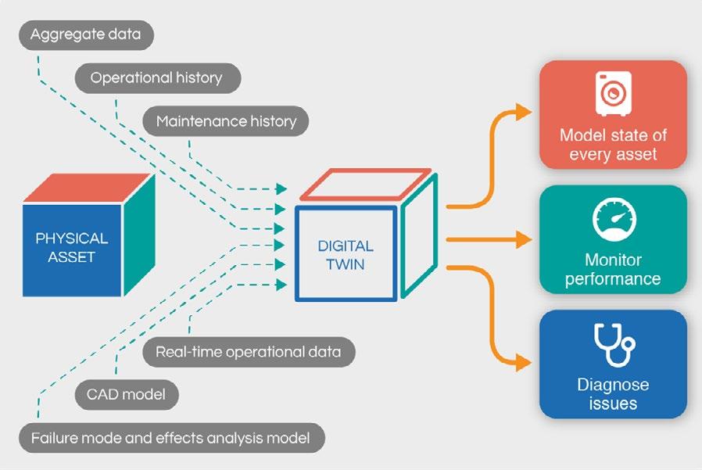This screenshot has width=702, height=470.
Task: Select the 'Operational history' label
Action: pos(156,78)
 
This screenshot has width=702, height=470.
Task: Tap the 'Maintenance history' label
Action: pos(226,121)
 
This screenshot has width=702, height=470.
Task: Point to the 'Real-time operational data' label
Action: pos(248,352)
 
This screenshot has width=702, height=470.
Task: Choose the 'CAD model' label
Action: pos(127,395)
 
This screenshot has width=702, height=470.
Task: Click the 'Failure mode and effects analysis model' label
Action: pos(171,437)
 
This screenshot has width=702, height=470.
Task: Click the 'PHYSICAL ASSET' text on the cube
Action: pos(72,246)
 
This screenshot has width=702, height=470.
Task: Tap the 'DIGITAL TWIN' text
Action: pos(346,255)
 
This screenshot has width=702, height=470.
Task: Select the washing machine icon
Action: pos(612,94)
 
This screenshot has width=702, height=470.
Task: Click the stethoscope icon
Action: pos(612,345)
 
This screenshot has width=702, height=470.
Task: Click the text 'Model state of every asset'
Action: pos(613,144)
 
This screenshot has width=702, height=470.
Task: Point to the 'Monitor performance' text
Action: pos(613,268)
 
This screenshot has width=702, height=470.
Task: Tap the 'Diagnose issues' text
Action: pos(613,394)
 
